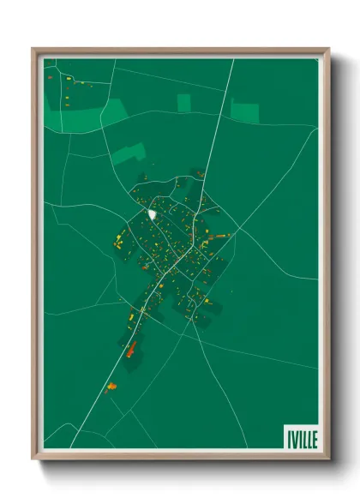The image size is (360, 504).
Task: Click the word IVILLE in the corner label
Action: pos(301,439)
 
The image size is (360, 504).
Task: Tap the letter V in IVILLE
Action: pos(292,439)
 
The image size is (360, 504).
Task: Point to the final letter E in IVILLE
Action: pos(314,439)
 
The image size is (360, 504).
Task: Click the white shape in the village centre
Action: pos(152,213)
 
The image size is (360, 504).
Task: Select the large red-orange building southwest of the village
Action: pos(131,348)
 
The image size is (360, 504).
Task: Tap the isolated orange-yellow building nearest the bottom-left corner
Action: pos(111,387)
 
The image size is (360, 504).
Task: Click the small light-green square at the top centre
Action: pos(183,103)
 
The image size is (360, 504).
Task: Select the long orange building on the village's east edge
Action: pos(221,236)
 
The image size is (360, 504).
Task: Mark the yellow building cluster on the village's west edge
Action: pos(118,243)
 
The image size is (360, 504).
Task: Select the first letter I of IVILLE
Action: pos(286,439)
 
